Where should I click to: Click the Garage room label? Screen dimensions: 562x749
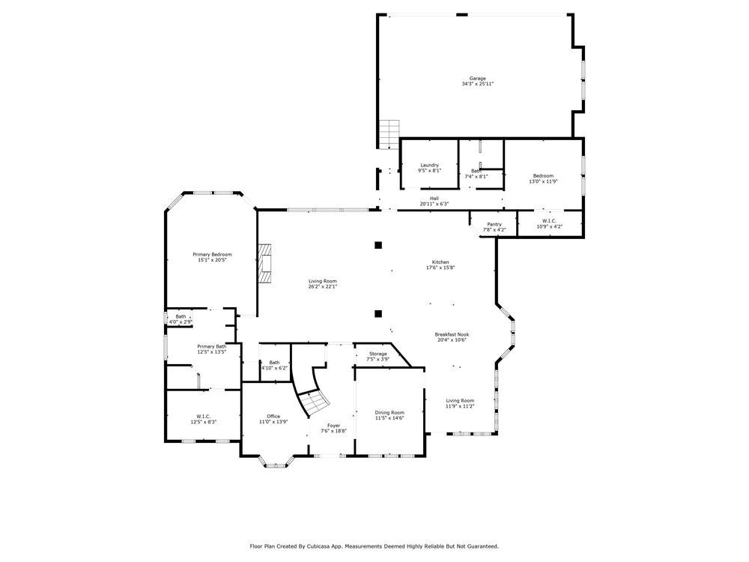477,79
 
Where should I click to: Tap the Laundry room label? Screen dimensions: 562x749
429,165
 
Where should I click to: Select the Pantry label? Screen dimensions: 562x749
494,224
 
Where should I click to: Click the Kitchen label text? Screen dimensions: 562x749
440,262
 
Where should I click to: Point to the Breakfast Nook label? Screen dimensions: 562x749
451,334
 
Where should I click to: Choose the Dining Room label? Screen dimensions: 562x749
389,413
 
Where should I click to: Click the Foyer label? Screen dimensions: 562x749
333,426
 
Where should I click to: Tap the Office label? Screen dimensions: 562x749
273,417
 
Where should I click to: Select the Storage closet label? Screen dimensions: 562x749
377,354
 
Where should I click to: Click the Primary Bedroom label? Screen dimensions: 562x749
212,254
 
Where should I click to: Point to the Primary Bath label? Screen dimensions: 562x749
211,346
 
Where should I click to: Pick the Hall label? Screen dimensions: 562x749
434,199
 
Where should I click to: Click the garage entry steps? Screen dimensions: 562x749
389,134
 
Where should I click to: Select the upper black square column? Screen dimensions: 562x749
378,244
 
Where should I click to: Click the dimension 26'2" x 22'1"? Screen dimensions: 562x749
323,286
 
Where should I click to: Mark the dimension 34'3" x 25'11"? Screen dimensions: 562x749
477,84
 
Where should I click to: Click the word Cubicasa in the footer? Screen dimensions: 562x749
316,546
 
